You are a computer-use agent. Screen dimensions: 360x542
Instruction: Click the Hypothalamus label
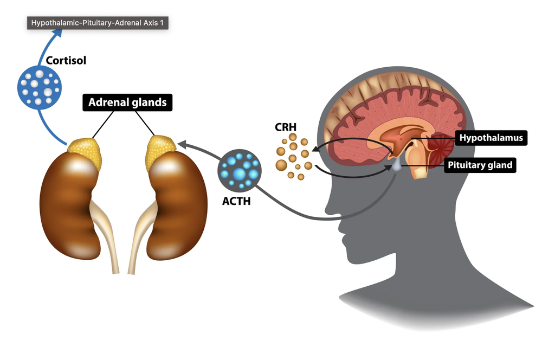click(491, 138)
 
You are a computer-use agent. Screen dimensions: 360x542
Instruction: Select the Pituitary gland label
click(480, 165)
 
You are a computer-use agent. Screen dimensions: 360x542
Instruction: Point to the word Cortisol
click(66, 60)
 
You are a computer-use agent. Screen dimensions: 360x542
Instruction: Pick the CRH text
click(285, 129)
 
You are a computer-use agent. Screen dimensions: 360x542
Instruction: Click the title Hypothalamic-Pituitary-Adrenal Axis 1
click(97, 23)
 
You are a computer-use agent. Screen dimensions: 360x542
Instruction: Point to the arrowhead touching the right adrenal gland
click(180, 144)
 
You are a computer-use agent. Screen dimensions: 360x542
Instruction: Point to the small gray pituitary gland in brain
click(398, 166)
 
